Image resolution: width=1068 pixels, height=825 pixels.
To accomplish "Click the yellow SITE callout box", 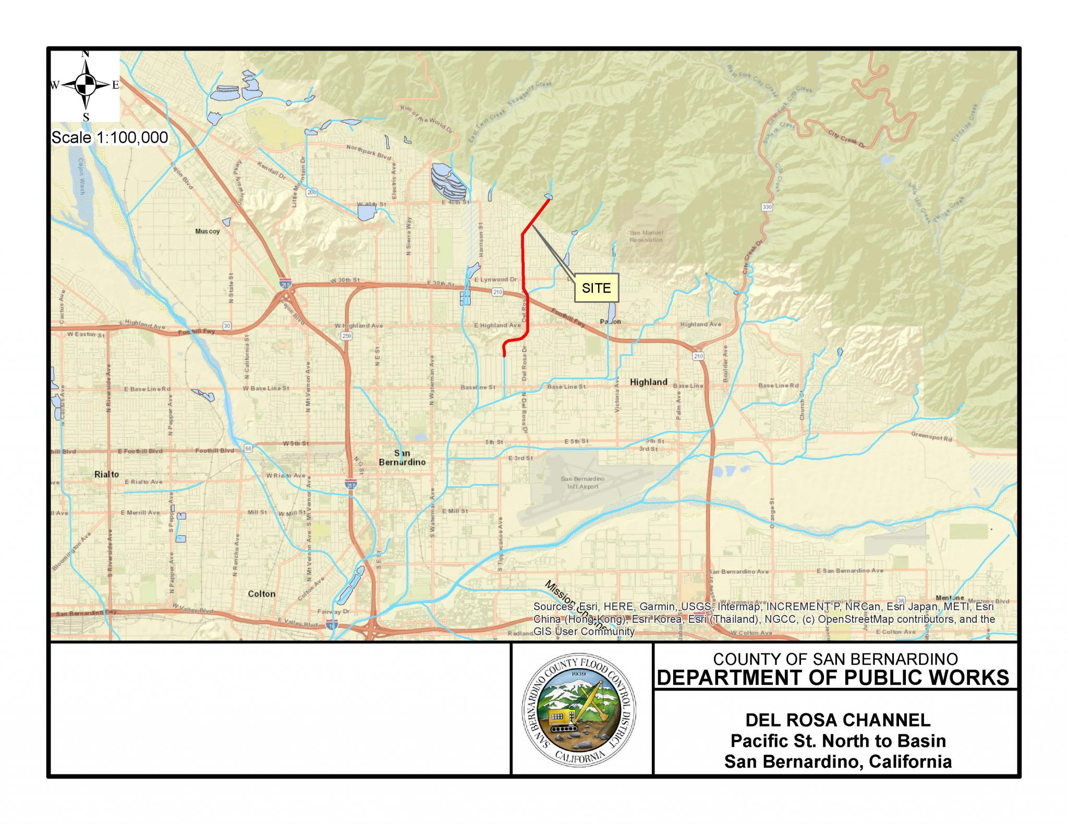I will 596,288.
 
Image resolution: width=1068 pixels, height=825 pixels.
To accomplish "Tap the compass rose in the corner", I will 86,84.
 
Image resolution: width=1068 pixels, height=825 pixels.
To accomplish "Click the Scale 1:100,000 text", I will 110,138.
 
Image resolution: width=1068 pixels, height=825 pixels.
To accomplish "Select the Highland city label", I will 648,382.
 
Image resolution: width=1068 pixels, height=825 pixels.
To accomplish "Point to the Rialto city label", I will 106,474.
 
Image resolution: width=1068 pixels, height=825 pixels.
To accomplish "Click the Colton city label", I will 261,594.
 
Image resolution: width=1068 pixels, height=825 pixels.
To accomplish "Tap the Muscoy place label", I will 207,231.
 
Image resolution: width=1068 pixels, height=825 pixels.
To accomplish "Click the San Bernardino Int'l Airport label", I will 582,483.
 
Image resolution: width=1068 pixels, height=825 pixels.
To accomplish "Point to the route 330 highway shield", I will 767,207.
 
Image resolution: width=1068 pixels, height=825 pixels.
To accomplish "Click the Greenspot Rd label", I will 931,436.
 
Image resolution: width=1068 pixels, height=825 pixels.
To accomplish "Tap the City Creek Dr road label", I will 846,139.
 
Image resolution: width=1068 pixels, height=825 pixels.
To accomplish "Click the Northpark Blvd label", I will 369,152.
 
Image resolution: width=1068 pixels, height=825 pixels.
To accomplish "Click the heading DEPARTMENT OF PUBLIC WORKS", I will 833,678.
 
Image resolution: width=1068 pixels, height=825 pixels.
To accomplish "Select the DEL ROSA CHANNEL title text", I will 838,720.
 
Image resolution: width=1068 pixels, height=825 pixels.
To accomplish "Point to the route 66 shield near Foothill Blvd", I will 248,448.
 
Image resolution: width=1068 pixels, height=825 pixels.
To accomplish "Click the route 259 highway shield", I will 347,336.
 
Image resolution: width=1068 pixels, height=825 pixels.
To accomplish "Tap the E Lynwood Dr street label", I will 495,280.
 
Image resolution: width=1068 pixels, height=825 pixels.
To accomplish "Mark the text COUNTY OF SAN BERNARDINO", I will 835,659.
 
